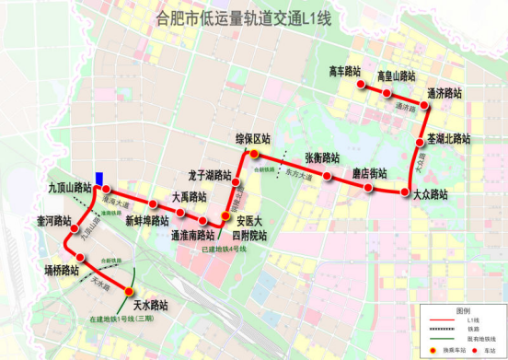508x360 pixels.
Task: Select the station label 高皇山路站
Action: point(397,75)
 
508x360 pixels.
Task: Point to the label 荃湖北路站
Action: point(448,139)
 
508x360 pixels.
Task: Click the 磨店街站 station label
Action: point(369,172)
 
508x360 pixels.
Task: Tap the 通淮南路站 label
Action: point(192,235)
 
